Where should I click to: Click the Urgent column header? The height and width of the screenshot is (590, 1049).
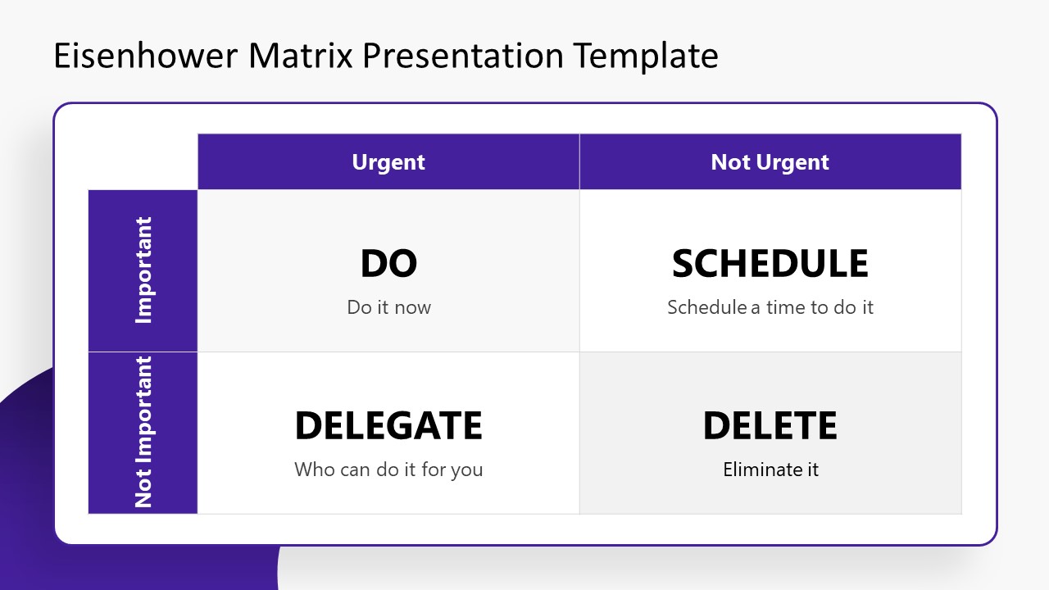(x=388, y=162)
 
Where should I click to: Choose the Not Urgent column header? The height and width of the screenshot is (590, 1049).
(x=770, y=162)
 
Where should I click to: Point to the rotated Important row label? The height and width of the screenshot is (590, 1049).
(x=144, y=270)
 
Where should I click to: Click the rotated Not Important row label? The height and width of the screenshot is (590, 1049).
(x=144, y=432)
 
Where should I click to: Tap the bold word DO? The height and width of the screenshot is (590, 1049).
(x=388, y=264)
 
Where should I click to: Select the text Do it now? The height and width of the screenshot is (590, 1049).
(x=388, y=307)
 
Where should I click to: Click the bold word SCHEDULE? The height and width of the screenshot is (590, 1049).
(x=770, y=264)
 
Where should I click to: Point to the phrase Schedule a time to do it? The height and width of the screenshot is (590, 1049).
(x=770, y=307)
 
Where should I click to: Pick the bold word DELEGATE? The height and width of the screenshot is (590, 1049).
(x=388, y=426)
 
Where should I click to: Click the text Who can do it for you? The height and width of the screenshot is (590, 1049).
(x=388, y=470)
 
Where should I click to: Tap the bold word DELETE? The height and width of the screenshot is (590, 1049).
(x=770, y=426)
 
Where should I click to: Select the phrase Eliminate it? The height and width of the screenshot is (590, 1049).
(x=770, y=470)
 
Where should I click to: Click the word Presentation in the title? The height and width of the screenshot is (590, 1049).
(x=461, y=56)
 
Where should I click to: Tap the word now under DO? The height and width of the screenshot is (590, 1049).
(x=412, y=307)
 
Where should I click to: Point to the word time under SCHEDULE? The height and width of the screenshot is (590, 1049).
(x=786, y=307)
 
